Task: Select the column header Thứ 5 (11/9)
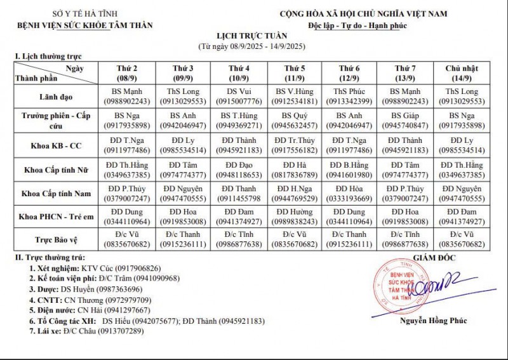point(294,72)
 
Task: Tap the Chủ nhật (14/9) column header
point(462,72)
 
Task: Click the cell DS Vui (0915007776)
point(238,96)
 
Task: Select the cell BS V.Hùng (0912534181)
point(294,96)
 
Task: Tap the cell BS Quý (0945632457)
point(294,121)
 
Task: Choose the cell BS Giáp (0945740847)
point(405,121)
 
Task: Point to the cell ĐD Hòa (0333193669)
point(350,193)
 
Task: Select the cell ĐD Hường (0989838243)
point(294,217)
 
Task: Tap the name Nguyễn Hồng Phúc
point(433,321)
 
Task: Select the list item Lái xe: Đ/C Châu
point(85,331)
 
